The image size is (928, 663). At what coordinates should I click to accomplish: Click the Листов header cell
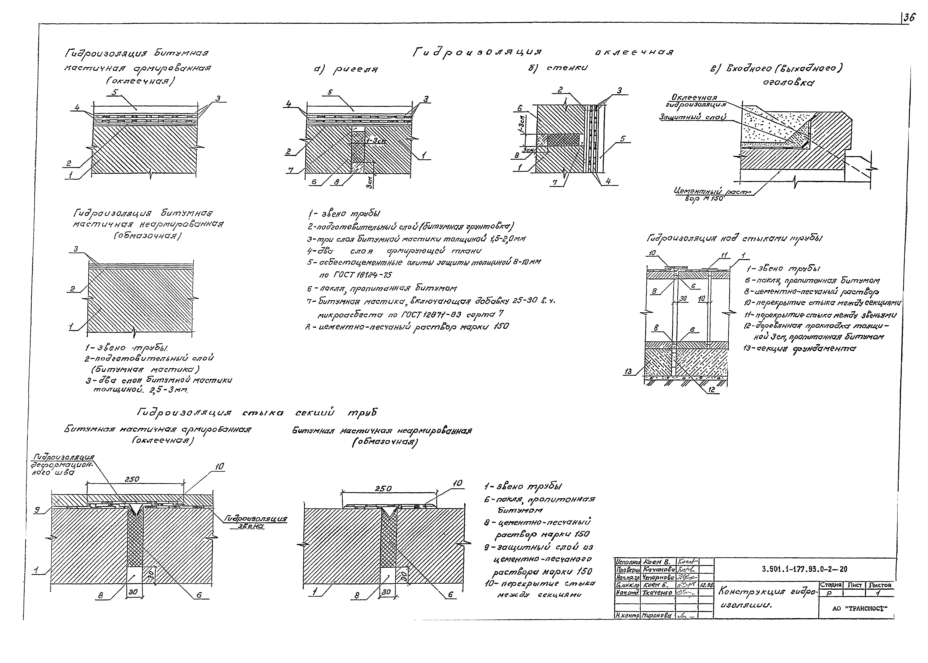[880, 585]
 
